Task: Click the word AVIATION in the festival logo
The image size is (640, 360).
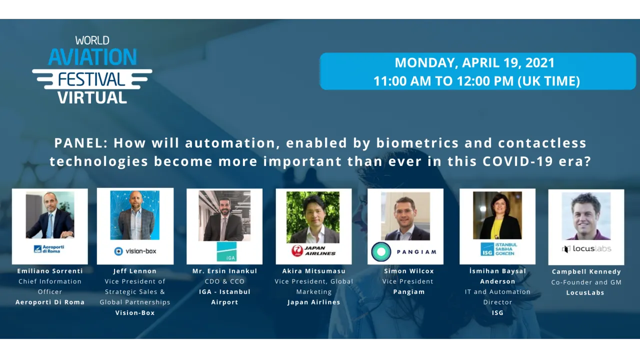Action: pyautogui.click(x=92, y=57)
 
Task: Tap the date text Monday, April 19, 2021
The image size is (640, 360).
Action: pyautogui.click(x=474, y=63)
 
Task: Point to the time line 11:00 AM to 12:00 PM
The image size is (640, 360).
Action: pyautogui.click(x=476, y=81)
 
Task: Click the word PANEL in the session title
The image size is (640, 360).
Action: pyautogui.click(x=80, y=143)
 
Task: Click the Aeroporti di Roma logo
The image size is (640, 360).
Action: pyautogui.click(x=49, y=249)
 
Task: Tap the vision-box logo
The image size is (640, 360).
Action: pyautogui.click(x=135, y=251)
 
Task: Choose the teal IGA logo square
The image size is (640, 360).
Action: pyautogui.click(x=226, y=251)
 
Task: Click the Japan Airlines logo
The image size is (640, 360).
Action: pyautogui.click(x=313, y=250)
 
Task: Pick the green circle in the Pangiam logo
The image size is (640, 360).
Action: pyautogui.click(x=381, y=252)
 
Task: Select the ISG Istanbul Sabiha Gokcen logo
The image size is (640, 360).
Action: pyautogui.click(x=498, y=249)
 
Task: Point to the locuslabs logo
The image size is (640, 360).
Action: pyautogui.click(x=586, y=248)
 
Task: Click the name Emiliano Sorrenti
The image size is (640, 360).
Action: pyautogui.click(x=50, y=271)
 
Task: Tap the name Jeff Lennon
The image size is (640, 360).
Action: pyautogui.click(x=135, y=271)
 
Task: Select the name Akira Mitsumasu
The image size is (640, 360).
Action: pyautogui.click(x=313, y=271)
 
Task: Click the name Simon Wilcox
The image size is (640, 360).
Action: pyautogui.click(x=409, y=271)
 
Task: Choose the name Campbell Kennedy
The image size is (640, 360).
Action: pyautogui.click(x=586, y=271)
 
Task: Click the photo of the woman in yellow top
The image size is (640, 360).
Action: pyautogui.click(x=497, y=216)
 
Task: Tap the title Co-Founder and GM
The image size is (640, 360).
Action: pyautogui.click(x=586, y=282)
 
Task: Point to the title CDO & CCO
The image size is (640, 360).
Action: pyautogui.click(x=224, y=281)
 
